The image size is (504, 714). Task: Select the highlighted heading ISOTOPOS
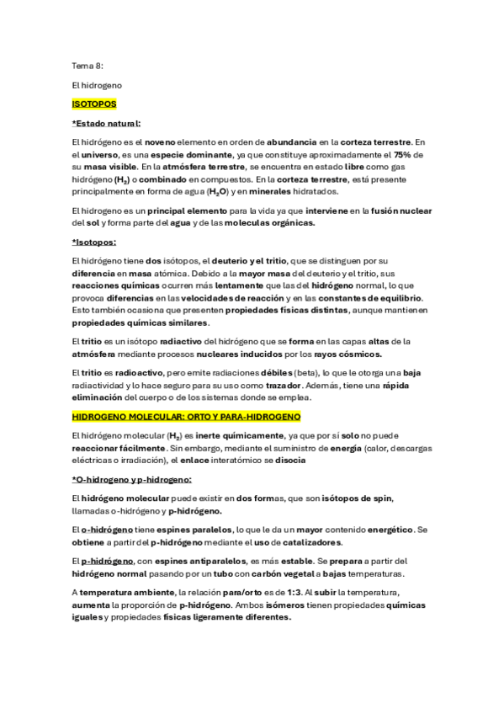coord(94,104)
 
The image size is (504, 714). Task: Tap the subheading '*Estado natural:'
coord(107,123)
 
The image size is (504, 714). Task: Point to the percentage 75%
coord(402,155)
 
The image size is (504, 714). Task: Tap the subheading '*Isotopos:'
coord(94,242)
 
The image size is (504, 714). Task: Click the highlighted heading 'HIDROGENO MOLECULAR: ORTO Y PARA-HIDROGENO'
coord(187,417)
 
